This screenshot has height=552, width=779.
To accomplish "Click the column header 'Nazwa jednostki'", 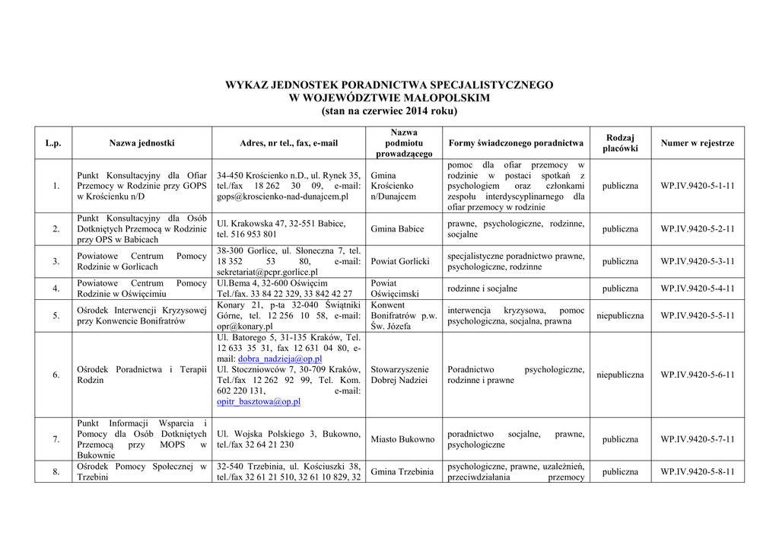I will pyautogui.click(x=141, y=143).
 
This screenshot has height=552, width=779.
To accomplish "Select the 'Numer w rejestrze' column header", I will pyautogui.click(x=698, y=143).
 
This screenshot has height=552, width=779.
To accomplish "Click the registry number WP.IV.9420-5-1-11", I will pyautogui.click(x=698, y=186).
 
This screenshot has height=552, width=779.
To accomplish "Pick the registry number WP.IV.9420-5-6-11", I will pyautogui.click(x=698, y=375).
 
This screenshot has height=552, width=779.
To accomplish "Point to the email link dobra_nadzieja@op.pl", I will pyautogui.click(x=279, y=359).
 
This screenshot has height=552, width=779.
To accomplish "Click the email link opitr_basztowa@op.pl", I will pyautogui.click(x=259, y=401).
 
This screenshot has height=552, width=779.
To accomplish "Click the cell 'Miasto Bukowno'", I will pyautogui.click(x=402, y=439).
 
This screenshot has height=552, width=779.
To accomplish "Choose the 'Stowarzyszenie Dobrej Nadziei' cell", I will pyautogui.click(x=399, y=375).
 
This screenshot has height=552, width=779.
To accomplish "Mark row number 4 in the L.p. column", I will pyautogui.click(x=53, y=289).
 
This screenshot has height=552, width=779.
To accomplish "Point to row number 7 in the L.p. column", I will pyautogui.click(x=53, y=439).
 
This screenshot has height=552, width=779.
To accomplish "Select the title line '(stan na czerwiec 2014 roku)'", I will pyautogui.click(x=389, y=111).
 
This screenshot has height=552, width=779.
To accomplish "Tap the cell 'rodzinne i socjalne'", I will pyautogui.click(x=482, y=289).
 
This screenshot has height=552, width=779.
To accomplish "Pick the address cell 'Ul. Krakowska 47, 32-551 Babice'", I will pyautogui.click(x=281, y=224).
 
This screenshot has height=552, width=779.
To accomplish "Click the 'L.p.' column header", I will pyautogui.click(x=53, y=143).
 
